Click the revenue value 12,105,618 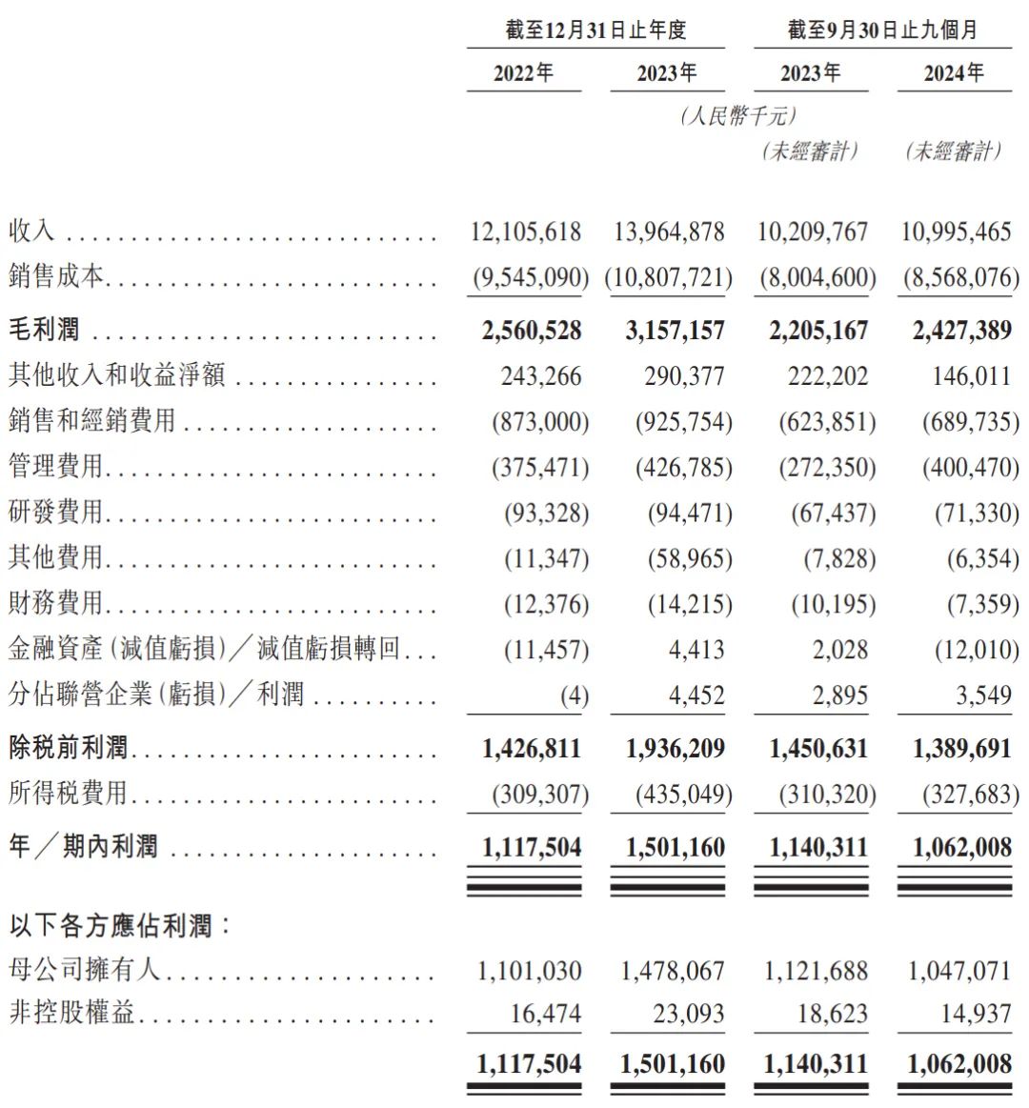pyautogui.click(x=526, y=232)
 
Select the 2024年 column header pyautogui.click(x=954, y=73)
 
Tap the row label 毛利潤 pyautogui.click(x=44, y=330)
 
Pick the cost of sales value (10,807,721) pyautogui.click(x=669, y=278)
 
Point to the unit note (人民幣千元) pyautogui.click(x=738, y=116)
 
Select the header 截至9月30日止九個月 pyautogui.click(x=882, y=30)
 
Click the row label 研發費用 pyautogui.click(x=55, y=513)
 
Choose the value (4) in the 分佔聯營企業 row pyautogui.click(x=575, y=695)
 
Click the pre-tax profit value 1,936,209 pyautogui.click(x=676, y=749)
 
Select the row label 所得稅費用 pyautogui.click(x=68, y=793)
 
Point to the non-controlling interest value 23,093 pyautogui.click(x=689, y=1014)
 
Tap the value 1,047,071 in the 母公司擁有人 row pyautogui.click(x=959, y=971)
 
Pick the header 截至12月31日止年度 pyautogui.click(x=595, y=30)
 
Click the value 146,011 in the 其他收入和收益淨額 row pyautogui.click(x=971, y=375)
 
